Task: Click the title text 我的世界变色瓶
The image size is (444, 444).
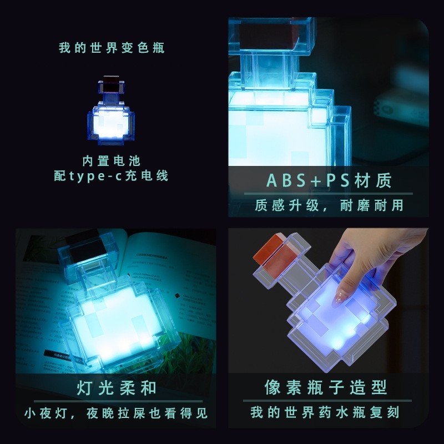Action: (112, 48)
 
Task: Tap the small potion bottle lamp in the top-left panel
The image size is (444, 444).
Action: (112, 112)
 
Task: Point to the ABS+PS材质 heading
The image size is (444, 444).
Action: (321, 180)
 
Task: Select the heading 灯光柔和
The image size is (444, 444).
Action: (117, 387)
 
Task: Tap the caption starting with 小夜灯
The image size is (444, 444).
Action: (117, 413)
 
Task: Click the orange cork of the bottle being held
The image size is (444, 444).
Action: (270, 250)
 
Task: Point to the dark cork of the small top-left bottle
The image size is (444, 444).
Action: (111, 84)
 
